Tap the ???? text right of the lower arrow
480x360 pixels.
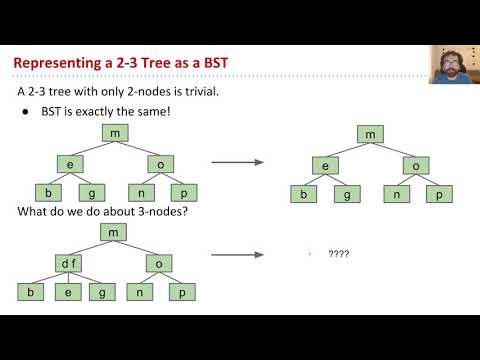click(x=338, y=254)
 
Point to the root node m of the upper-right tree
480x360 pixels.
click(x=371, y=135)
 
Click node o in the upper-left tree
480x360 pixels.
click(x=160, y=162)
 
